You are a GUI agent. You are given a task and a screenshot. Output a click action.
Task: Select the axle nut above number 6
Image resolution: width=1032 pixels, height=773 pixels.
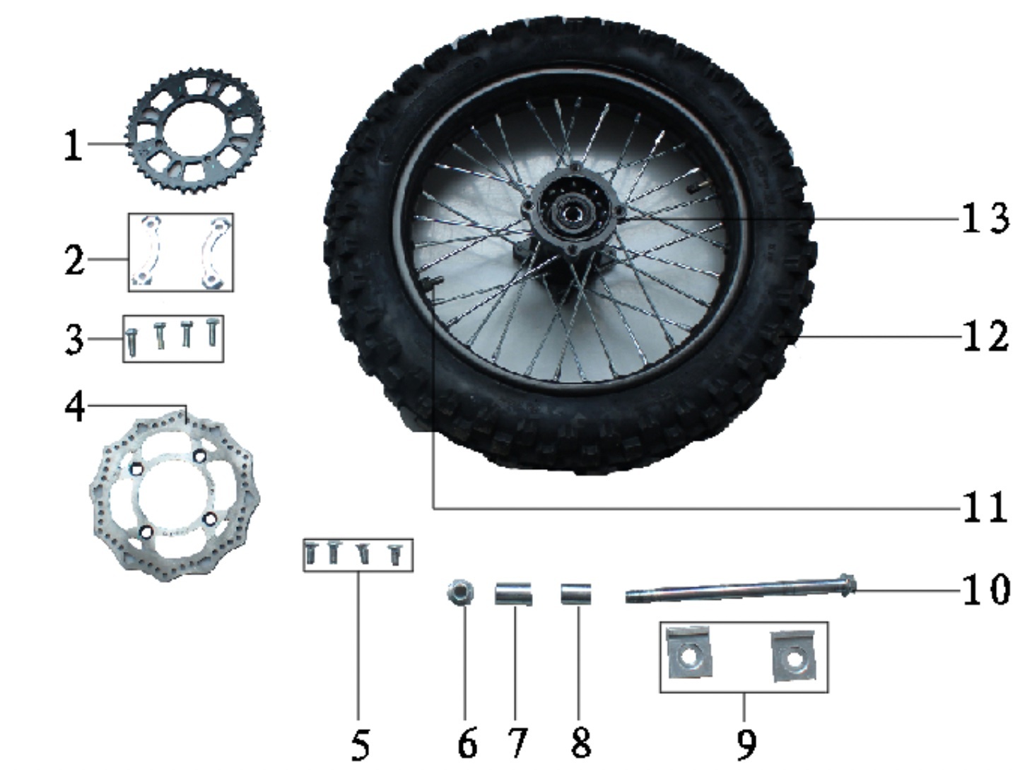point(460,592)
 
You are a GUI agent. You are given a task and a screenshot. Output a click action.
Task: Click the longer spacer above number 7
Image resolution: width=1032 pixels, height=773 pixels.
point(513,594)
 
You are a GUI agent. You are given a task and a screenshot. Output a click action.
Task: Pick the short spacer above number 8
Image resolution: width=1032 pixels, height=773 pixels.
point(575,594)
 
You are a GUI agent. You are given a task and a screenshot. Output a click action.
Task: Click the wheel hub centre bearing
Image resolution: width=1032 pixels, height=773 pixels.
point(567,211)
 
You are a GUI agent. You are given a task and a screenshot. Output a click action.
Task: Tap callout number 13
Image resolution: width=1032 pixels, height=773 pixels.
point(985,218)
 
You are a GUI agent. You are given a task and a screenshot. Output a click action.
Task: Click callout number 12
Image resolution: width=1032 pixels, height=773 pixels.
point(985,336)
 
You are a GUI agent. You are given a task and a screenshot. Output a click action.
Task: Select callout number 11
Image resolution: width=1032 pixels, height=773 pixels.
point(985,507)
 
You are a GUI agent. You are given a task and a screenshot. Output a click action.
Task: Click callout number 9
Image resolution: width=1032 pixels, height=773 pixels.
point(746,743)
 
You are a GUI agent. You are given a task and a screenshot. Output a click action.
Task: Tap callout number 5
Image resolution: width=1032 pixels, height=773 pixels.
point(360,745)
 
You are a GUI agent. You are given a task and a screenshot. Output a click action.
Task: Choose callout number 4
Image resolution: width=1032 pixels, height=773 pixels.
point(75,406)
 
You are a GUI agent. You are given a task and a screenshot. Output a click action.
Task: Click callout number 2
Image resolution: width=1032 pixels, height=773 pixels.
point(74,260)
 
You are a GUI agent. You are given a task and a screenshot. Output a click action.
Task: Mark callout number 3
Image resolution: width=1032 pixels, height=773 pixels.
point(74,339)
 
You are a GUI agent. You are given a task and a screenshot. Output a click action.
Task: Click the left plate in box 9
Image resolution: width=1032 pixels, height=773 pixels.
point(689,653)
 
